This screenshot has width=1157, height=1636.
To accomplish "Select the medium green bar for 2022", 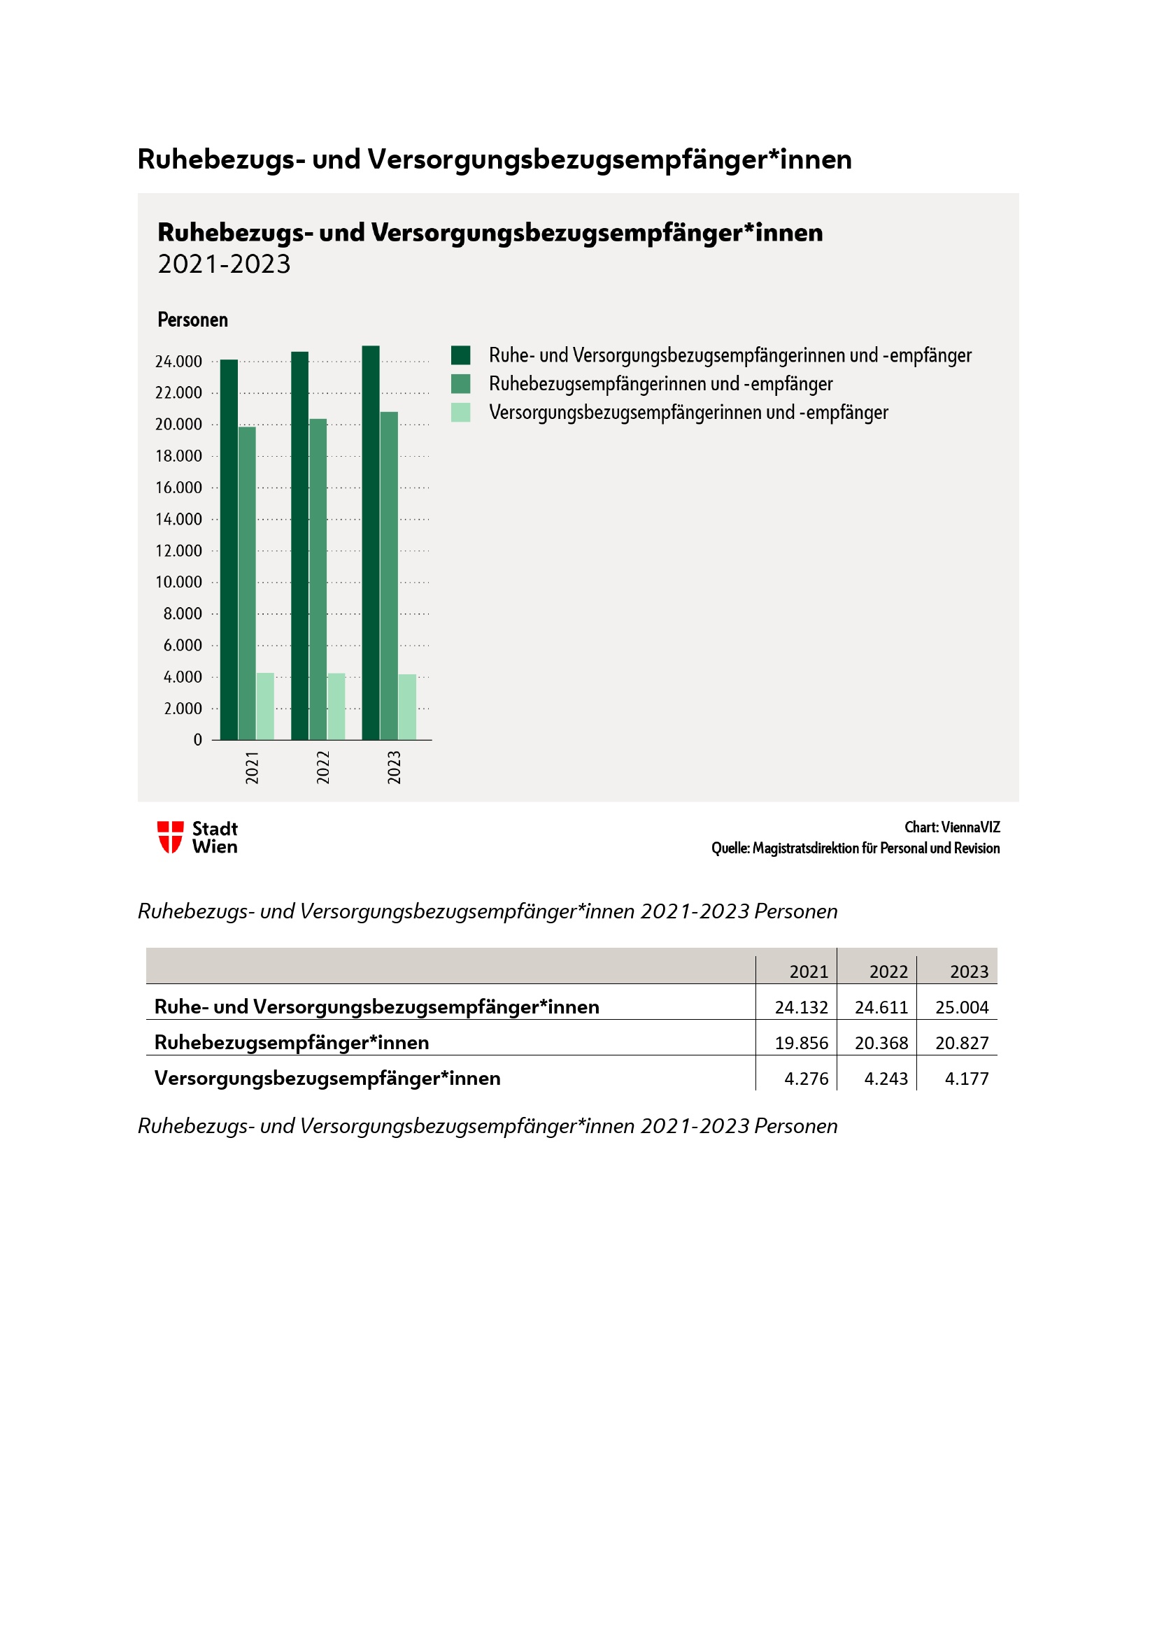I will point(318,578).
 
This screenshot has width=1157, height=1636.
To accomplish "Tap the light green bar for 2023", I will point(407,706).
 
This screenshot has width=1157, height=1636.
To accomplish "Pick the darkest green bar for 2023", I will point(371,542).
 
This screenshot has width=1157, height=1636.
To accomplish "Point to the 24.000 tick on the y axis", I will point(179,362).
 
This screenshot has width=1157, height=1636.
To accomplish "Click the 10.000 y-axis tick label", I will point(179,582).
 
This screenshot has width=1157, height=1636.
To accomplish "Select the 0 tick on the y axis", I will point(197,739).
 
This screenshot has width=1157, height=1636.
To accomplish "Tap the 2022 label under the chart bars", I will point(322,767).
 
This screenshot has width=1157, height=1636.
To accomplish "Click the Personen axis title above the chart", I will point(192,320).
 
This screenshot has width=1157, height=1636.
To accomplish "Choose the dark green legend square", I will point(460,355).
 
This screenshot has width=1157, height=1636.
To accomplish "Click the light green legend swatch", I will point(460,413).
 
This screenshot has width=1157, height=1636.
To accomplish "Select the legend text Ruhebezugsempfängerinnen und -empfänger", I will point(660,384).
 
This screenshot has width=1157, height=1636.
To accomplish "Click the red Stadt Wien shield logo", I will point(170,837).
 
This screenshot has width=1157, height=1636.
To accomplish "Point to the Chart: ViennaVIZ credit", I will point(952,827).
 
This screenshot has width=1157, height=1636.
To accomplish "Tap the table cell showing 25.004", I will point(961,1007).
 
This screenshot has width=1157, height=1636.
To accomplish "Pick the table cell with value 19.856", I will point(801,1042).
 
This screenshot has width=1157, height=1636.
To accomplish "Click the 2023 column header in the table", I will point(969,972).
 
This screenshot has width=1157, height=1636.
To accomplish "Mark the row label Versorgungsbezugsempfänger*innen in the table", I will point(327,1078).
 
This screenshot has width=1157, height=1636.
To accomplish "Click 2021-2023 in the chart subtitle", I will point(224,264).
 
